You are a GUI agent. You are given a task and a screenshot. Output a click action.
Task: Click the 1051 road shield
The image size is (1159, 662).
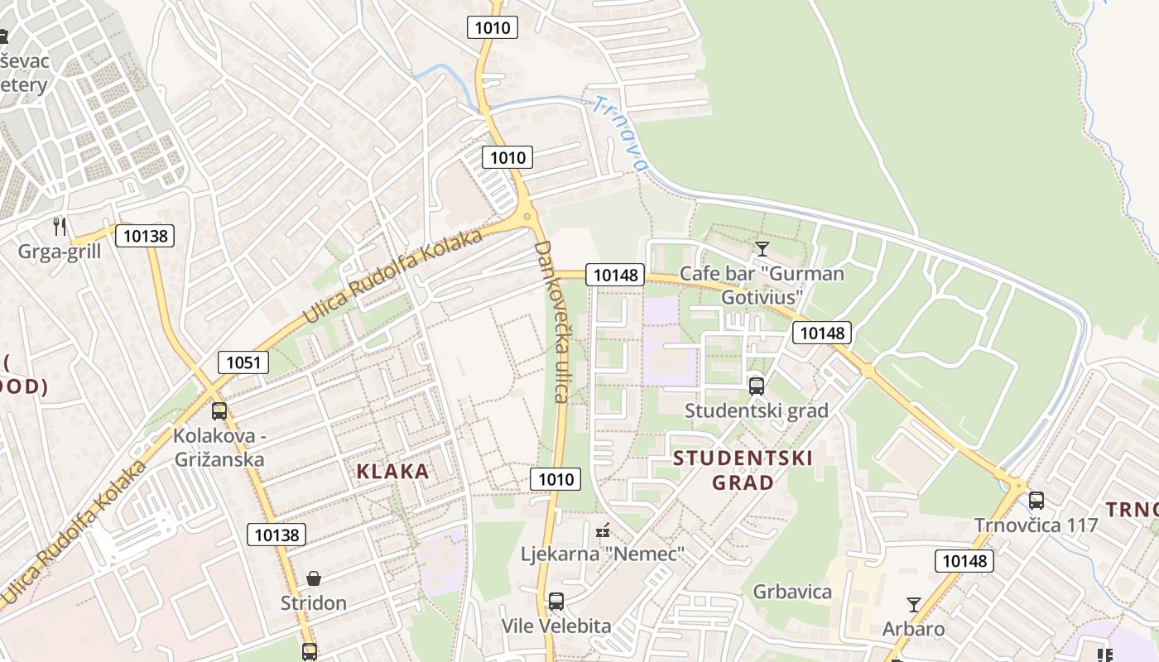pos(243,362)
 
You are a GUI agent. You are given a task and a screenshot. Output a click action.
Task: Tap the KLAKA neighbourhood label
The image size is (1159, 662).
pos(392,472)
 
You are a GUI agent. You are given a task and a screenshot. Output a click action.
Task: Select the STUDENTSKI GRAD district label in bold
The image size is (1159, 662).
pos(743,470)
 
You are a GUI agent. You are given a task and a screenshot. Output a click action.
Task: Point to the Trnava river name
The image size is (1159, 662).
pos(619,133)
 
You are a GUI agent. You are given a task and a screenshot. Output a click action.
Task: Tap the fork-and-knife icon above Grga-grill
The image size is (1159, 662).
pos(60,226)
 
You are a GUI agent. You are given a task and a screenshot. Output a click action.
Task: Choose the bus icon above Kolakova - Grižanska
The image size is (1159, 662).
pos(219,410)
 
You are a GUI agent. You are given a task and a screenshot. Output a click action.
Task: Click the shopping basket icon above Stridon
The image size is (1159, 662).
pos(314,578)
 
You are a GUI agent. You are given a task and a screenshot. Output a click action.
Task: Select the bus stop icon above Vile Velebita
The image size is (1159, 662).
pos(556,602)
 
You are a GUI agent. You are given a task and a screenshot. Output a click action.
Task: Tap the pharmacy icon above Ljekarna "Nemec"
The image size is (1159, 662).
pos(604,530)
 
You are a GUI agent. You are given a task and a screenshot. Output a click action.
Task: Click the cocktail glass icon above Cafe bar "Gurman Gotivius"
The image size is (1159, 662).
pos(762,248)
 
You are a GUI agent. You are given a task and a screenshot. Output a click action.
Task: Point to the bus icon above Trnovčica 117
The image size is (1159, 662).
pos(1036,500)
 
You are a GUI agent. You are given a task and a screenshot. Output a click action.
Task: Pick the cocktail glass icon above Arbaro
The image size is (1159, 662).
pos(914,604)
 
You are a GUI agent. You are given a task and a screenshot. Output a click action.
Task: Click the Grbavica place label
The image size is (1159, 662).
pos(792,592)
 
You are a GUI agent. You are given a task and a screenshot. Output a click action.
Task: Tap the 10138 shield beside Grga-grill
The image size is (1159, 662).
pos(145,236)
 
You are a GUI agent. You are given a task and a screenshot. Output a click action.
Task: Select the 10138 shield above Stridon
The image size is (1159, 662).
pos(277,535)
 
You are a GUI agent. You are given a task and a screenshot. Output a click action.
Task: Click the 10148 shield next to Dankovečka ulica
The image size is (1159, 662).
pos(615,275)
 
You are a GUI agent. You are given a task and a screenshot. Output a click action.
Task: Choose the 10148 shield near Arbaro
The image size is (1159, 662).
pos(964,561)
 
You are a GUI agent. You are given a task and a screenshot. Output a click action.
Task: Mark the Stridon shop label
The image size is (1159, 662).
pos(313,602)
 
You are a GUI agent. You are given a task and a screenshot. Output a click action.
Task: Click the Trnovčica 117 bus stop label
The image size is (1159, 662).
pos(1036,525)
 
